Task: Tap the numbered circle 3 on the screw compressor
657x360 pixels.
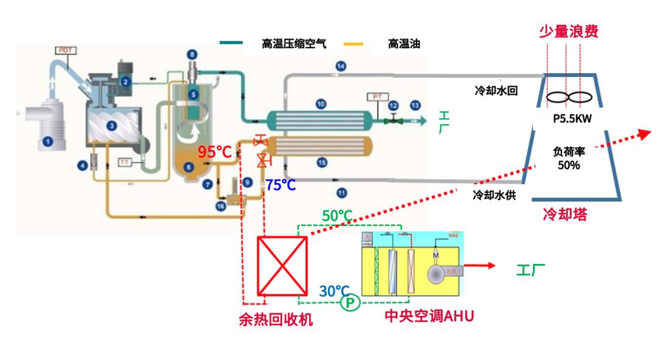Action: point(111,126)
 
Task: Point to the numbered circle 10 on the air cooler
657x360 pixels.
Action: point(321,104)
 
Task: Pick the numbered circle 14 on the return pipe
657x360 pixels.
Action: point(341,66)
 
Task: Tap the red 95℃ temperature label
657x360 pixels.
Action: point(214,152)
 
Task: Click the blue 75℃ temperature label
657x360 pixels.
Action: point(280,185)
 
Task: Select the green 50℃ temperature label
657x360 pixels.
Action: point(338,215)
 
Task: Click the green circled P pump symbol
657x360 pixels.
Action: point(350,302)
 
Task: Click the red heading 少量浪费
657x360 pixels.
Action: point(568,31)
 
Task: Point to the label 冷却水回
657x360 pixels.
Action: point(496,91)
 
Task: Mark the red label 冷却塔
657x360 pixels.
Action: point(565,215)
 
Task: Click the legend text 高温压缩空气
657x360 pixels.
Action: point(294,44)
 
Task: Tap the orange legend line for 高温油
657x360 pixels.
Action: point(353,44)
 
